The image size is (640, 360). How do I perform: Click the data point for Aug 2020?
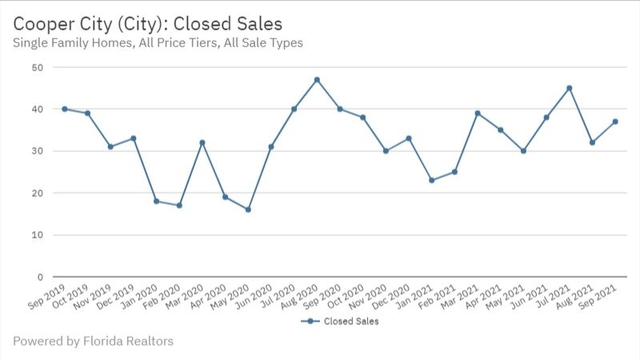pyautogui.click(x=317, y=80)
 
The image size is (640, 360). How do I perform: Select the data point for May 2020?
pyautogui.click(x=248, y=210)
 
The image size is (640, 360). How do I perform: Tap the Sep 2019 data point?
pyautogui.click(x=64, y=109)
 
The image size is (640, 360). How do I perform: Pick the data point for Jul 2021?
pyautogui.click(x=570, y=88)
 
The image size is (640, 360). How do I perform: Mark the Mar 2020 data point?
pyautogui.click(x=202, y=142)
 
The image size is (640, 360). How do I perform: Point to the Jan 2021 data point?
pyautogui.click(x=432, y=180)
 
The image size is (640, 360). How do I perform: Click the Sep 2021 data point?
pyautogui.click(x=615, y=122)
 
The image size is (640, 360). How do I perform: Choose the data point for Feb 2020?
pyautogui.click(x=179, y=206)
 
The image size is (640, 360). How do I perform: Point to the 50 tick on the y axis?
pyautogui.click(x=37, y=67)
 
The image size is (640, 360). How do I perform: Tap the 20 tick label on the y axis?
pyautogui.click(x=37, y=193)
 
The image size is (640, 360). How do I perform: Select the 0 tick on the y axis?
pyautogui.click(x=39, y=277)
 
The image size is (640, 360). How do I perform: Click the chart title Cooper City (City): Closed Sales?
pyautogui.click(x=148, y=22)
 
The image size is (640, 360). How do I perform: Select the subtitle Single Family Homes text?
pyautogui.click(x=158, y=42)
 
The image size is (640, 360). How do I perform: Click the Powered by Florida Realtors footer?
pyautogui.click(x=93, y=342)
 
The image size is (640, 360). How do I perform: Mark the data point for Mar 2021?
pyautogui.click(x=478, y=114)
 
